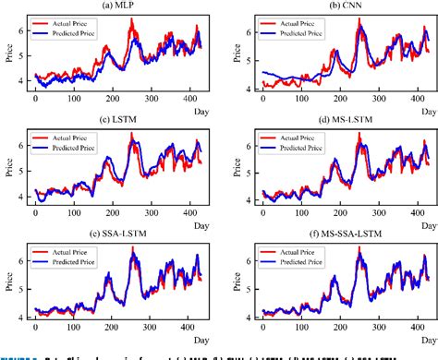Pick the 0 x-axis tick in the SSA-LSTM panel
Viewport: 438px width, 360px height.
pyautogui.click(x=35, y=328)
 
